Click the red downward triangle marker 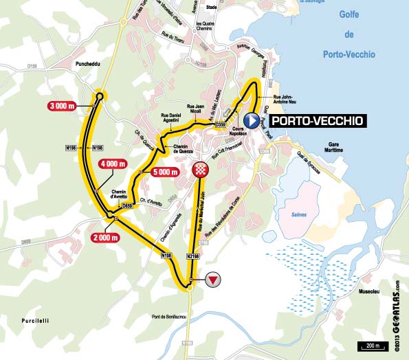pyautogui.click(x=214, y=279)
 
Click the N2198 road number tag pyautogui.click(x=195, y=256)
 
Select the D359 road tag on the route pyautogui.click(x=220, y=124)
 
